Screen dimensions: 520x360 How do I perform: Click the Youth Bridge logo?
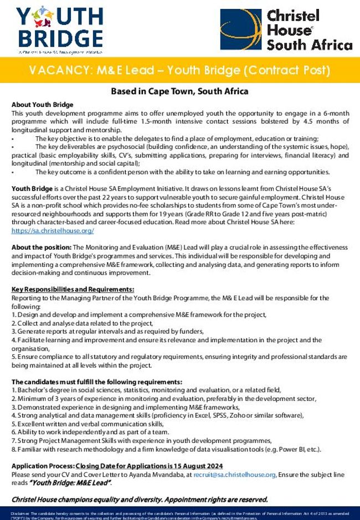click(x=60, y=28)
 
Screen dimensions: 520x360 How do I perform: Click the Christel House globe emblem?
click(x=240, y=29)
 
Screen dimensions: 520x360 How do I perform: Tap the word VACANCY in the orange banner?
click(x=60, y=71)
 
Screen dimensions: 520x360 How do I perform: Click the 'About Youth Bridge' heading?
click(x=42, y=105)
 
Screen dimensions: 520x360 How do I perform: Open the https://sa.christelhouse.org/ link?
click(x=53, y=230)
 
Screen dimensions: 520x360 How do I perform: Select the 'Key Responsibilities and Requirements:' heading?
click(x=73, y=289)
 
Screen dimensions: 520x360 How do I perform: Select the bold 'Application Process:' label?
click(x=43, y=466)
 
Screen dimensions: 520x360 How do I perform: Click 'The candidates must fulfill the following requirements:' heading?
click(x=96, y=382)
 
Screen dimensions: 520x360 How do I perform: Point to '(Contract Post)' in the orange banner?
click(x=287, y=71)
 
